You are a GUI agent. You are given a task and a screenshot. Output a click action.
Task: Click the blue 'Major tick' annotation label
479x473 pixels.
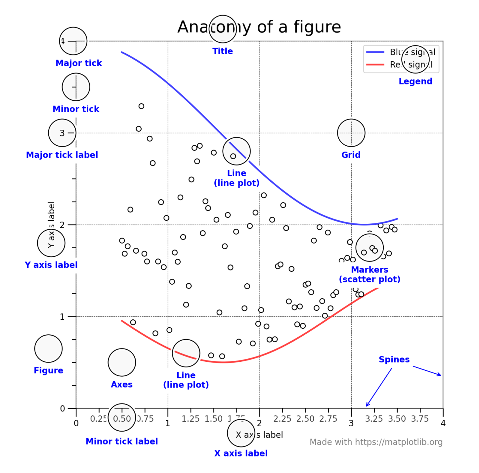79,63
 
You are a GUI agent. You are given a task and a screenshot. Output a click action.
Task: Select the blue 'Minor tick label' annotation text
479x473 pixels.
122,441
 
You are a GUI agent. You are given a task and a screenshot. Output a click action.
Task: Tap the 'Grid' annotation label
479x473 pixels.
351,155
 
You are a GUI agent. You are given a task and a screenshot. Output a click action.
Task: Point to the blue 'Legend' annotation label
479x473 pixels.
415,81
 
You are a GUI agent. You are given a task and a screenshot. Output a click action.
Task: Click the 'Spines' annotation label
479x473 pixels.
394,359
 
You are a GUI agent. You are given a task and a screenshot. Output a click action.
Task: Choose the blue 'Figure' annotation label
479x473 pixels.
48,370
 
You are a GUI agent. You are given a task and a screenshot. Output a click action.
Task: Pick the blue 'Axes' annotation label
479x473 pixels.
122,384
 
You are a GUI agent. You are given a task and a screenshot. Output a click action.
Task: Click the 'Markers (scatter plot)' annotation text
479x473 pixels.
370,274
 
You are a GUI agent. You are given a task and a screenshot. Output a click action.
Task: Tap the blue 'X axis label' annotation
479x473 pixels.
241,453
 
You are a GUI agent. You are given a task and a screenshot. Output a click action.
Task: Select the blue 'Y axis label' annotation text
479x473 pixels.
51,265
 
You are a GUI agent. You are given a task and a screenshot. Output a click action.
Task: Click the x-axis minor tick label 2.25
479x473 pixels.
282,419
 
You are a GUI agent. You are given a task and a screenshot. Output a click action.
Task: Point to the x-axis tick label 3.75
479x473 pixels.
420,419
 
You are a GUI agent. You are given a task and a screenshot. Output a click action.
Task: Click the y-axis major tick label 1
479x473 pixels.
62,317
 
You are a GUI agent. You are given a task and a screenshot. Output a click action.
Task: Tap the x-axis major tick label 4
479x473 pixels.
443,423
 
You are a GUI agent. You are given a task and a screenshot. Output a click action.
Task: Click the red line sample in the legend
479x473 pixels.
375,65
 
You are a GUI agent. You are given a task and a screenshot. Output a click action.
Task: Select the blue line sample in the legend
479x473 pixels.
375,52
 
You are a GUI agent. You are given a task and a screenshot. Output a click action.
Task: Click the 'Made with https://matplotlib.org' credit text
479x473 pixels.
376,442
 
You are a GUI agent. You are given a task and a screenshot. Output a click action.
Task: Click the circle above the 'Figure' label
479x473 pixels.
48,349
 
